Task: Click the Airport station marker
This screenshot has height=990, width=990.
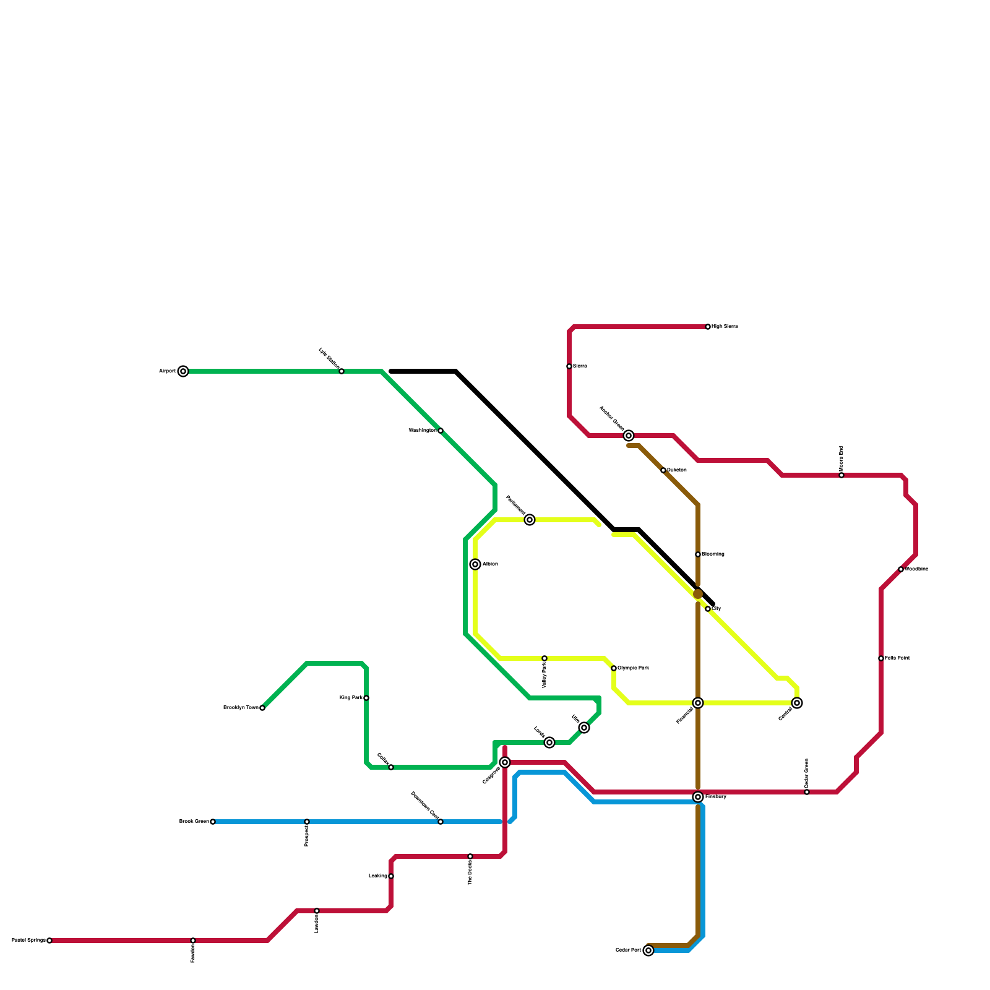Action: point(183,371)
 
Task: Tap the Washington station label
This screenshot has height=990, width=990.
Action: point(422,431)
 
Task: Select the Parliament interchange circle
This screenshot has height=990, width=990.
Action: point(530,520)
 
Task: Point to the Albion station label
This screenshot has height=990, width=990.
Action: point(490,564)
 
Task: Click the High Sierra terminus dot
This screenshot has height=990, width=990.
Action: point(708,327)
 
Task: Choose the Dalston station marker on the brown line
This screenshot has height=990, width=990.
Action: point(663,470)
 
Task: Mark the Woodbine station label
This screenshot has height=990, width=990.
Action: point(916,569)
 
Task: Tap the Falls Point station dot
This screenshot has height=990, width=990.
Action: point(881,658)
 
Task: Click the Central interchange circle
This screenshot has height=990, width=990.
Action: point(797,703)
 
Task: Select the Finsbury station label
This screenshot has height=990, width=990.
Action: point(715,797)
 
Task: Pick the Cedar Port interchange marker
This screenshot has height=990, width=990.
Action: point(648,950)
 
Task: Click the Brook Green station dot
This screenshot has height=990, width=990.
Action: point(213,822)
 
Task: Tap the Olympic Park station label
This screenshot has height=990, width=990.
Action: point(633,668)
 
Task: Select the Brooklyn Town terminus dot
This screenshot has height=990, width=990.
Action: point(262,708)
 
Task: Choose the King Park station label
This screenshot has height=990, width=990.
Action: point(351,698)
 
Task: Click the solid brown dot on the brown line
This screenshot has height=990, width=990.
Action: point(698,594)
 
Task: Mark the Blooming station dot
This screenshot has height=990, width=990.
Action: point(698,554)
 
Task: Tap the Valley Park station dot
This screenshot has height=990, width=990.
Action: point(544,658)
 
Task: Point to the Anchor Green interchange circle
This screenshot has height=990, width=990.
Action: point(629,436)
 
